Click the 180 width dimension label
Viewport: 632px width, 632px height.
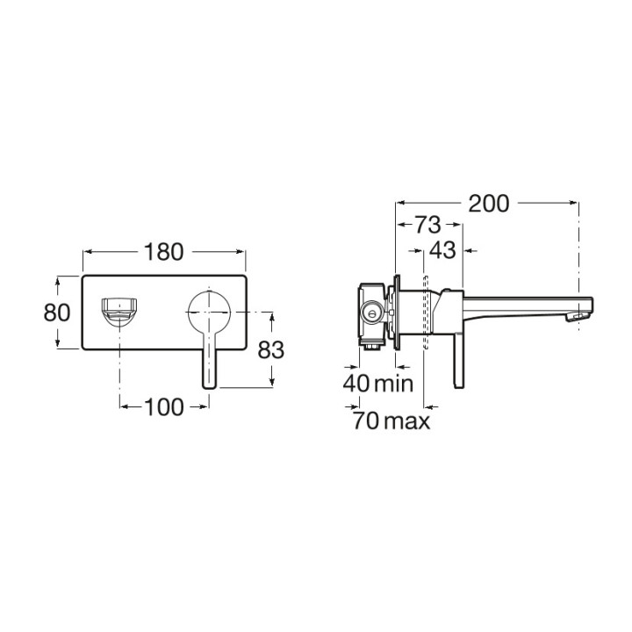point(163,252)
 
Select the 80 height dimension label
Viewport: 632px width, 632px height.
point(57,312)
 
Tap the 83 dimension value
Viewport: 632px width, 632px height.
point(271,349)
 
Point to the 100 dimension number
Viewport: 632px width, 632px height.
point(164,407)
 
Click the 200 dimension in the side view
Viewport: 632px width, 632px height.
point(489,204)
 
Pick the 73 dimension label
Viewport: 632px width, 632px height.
point(428,225)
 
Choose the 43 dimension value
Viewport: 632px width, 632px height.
point(442,250)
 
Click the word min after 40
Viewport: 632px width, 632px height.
point(394,384)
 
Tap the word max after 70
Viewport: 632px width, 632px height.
point(407,421)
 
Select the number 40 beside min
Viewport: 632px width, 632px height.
point(355,384)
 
